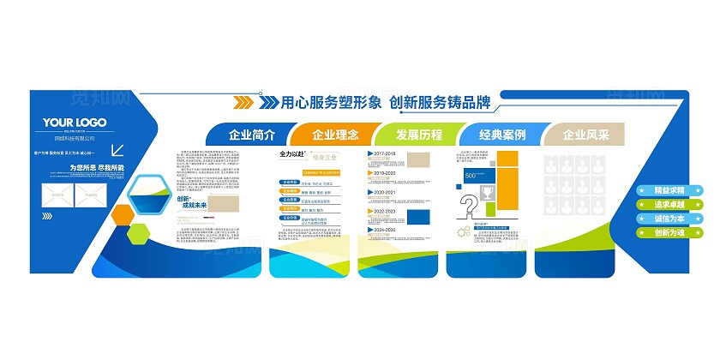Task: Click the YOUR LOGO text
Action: coord(75,122)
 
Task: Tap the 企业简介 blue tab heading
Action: coord(251,135)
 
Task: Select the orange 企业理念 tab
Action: coord(335,135)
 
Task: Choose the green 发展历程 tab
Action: coord(418,135)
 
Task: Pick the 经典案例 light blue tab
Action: coord(502,135)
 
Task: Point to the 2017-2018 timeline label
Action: coord(385,154)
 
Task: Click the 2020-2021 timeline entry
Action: coord(385,192)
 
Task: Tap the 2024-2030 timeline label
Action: coord(385,230)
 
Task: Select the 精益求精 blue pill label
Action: coord(669,190)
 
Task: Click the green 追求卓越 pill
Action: coord(669,204)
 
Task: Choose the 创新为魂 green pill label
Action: coord(669,231)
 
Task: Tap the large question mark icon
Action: coord(470,207)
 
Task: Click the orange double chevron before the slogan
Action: coord(243,104)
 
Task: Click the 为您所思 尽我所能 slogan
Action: coord(97,168)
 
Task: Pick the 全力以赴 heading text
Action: coord(292,154)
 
